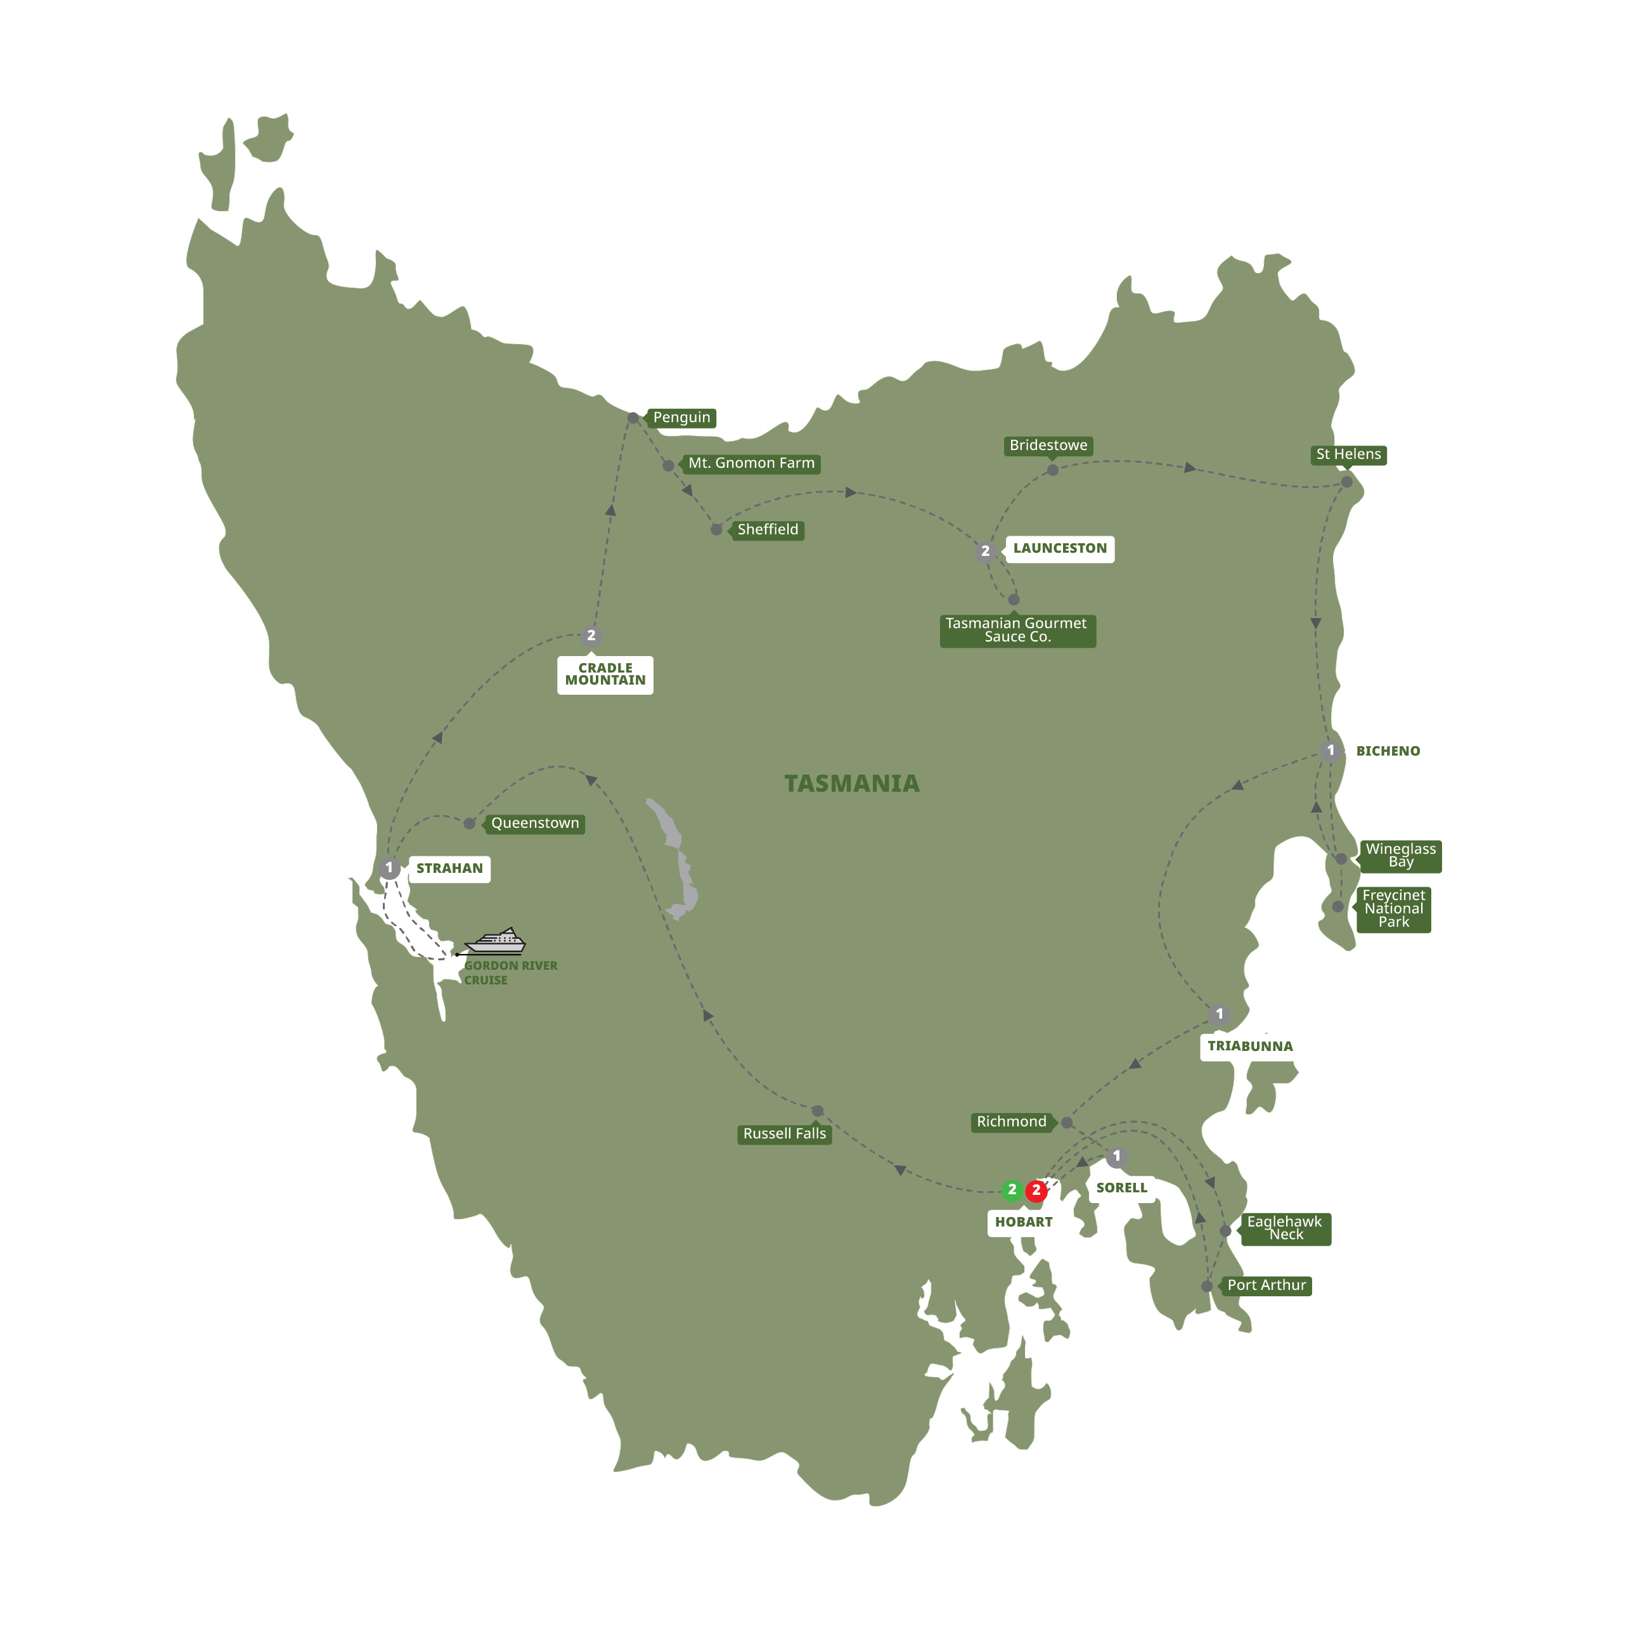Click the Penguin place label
(681, 418)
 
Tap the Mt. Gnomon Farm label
(751, 463)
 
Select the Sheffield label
(767, 530)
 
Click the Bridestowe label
(1048, 446)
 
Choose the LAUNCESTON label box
(1060, 548)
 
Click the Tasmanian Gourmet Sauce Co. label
(1017, 630)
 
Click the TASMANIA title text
(851, 783)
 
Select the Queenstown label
(535, 823)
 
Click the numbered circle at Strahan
(389, 868)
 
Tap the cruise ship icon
(497, 943)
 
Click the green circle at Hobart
(1012, 1190)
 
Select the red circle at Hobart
(1036, 1190)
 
